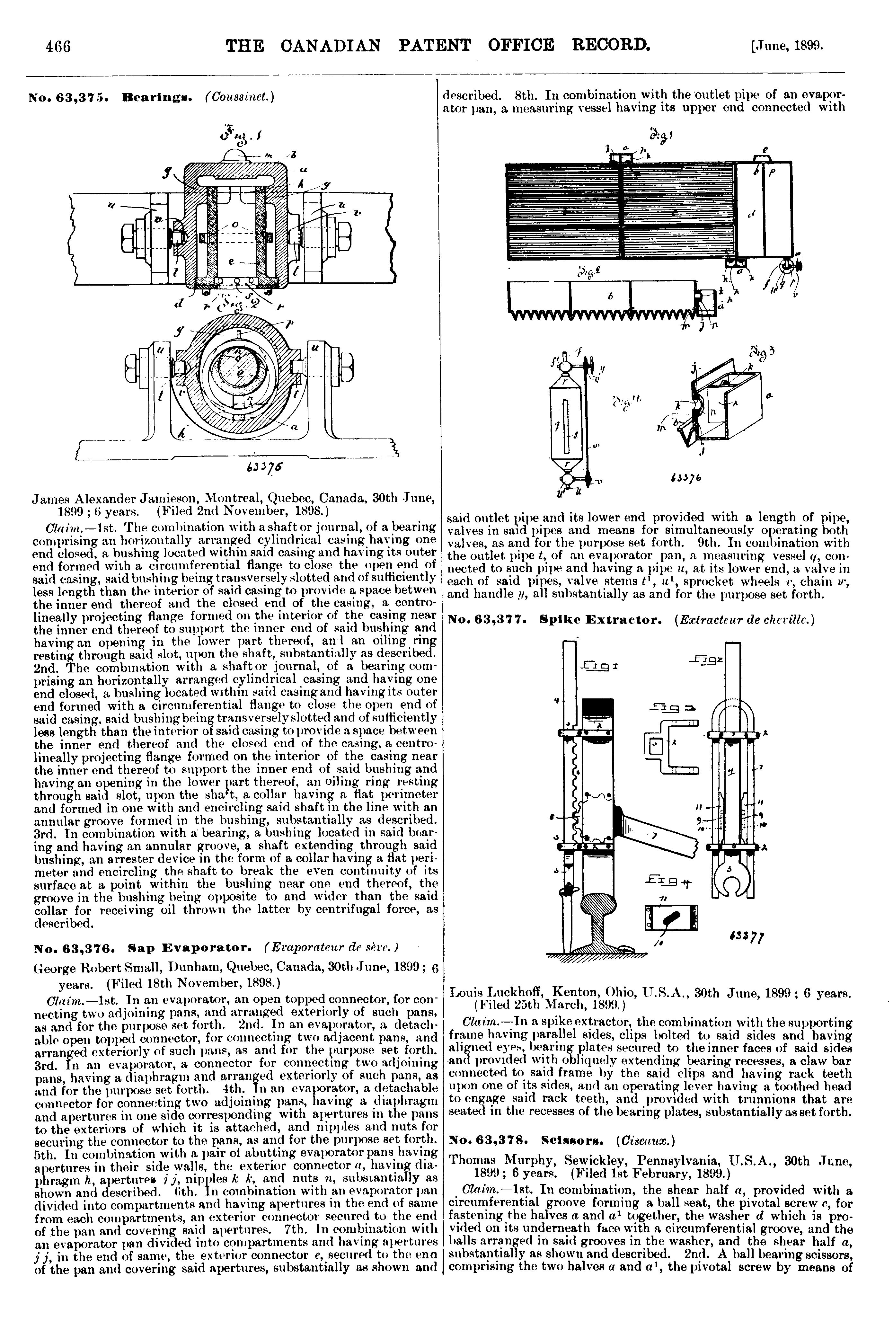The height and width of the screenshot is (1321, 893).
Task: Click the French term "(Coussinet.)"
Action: pyautogui.click(x=239, y=97)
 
